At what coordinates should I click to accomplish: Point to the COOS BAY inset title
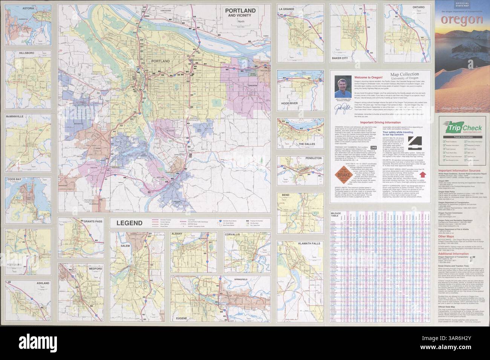tap(16, 180)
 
